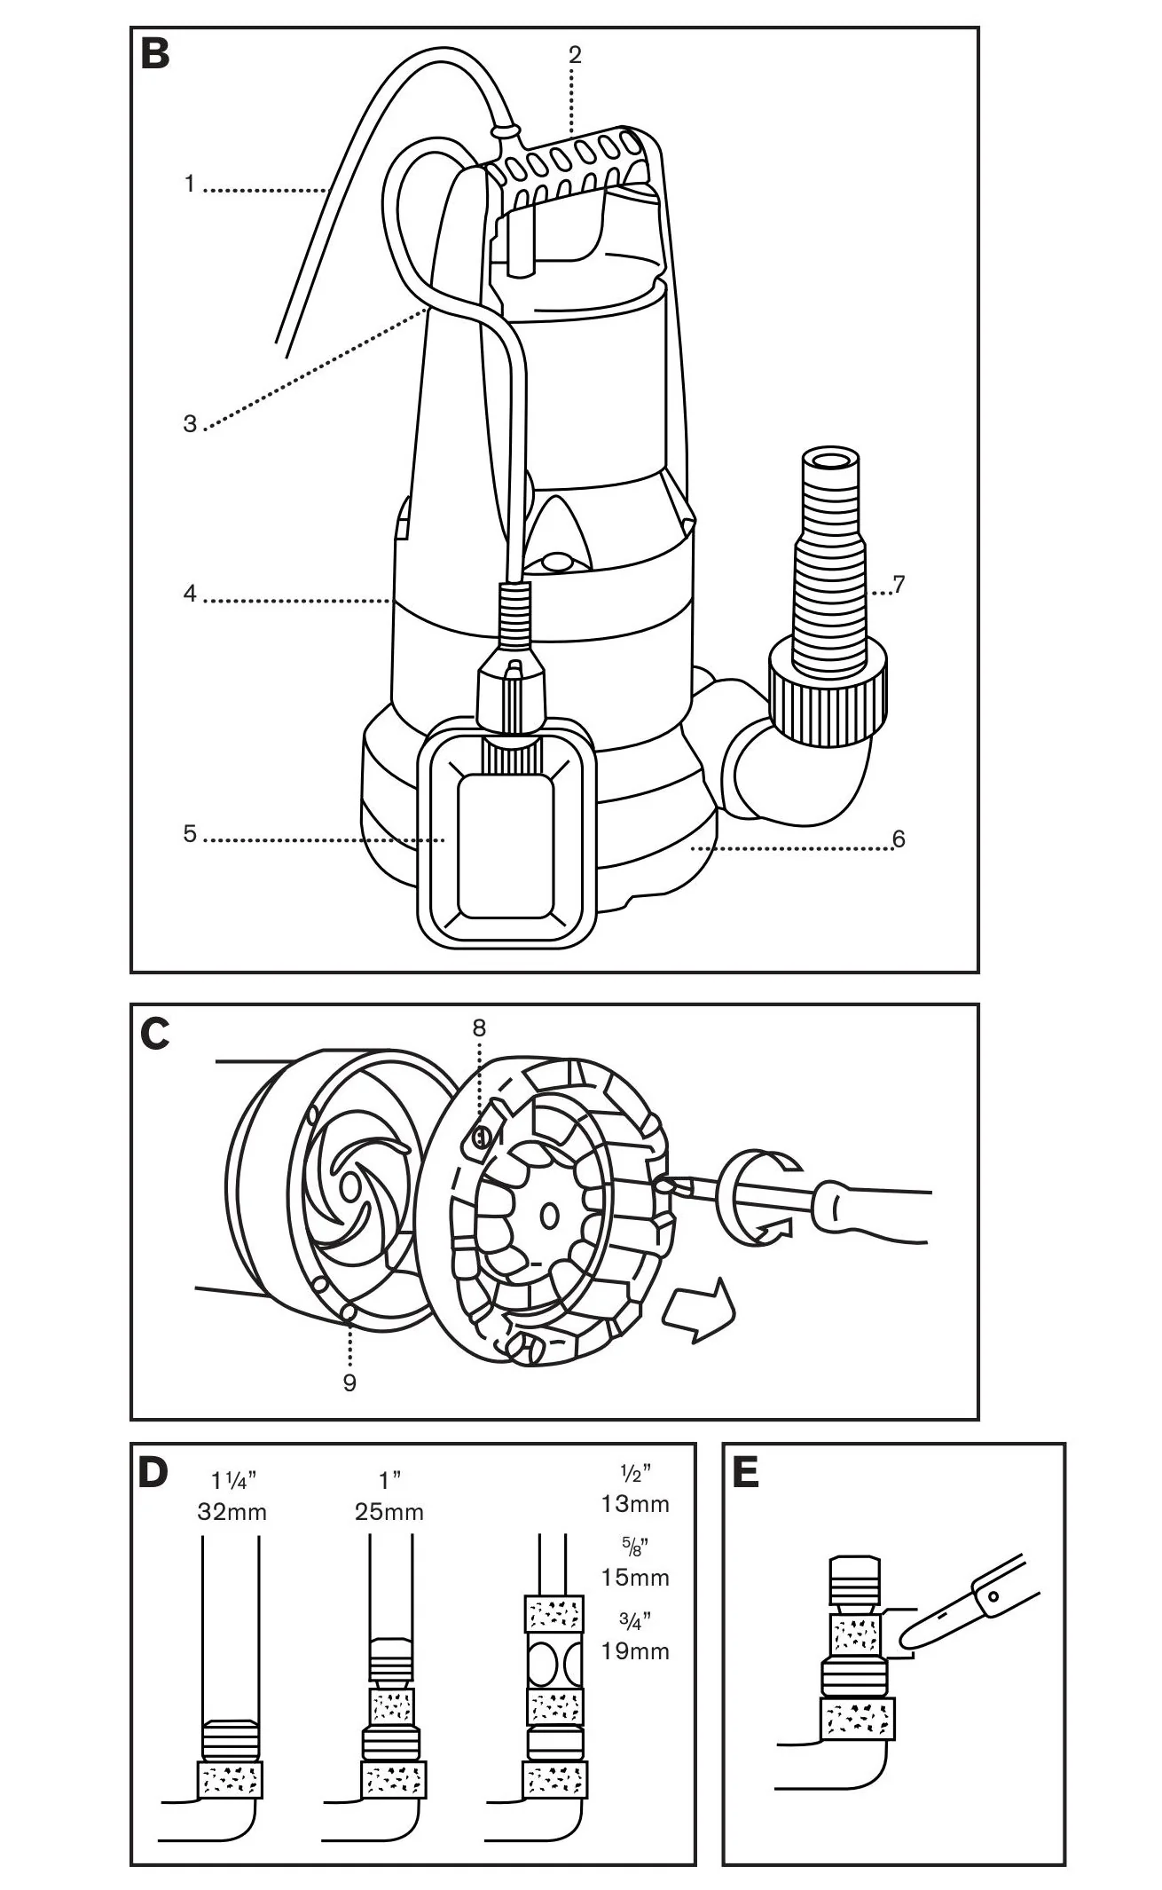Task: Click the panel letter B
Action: click(154, 54)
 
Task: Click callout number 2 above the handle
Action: click(575, 55)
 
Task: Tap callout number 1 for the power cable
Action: click(189, 185)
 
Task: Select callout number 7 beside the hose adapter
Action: click(899, 585)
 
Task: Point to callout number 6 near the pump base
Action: click(899, 839)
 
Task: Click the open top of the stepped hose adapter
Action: click(830, 461)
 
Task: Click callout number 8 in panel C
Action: click(479, 1028)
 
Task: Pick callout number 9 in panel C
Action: click(349, 1382)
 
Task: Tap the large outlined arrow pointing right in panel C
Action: click(701, 1312)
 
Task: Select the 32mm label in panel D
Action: click(232, 1511)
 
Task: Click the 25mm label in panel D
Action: click(389, 1511)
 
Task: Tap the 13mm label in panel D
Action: click(635, 1504)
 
